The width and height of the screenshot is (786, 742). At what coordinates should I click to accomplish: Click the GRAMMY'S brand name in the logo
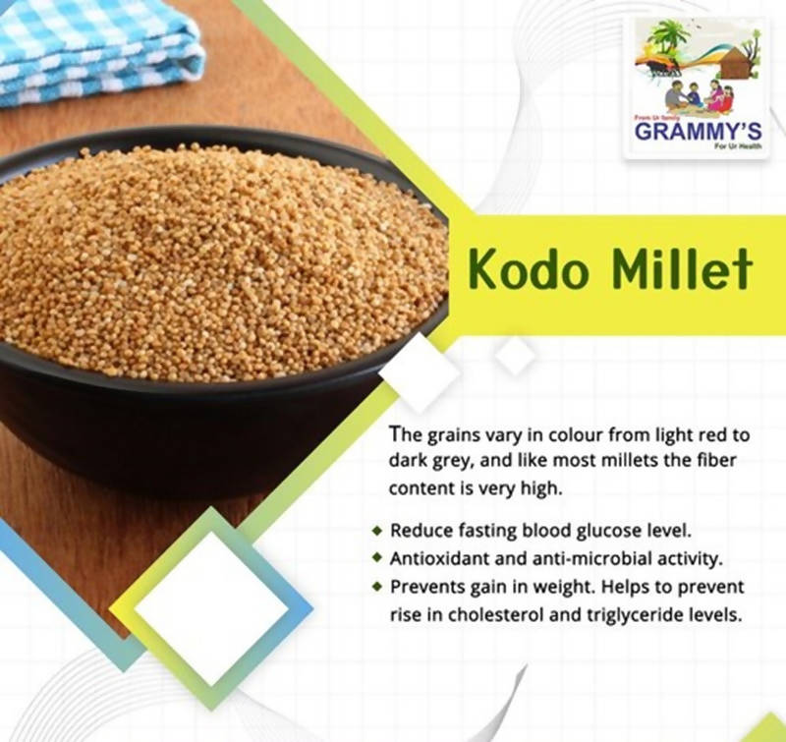point(698,132)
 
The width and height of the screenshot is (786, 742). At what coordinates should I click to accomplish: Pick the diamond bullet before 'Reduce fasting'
point(377,531)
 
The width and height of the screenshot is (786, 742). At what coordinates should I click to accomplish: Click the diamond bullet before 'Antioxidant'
point(377,559)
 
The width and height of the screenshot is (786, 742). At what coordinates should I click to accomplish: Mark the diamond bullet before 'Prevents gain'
point(377,587)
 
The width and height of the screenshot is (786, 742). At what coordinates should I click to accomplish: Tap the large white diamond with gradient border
point(211,609)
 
